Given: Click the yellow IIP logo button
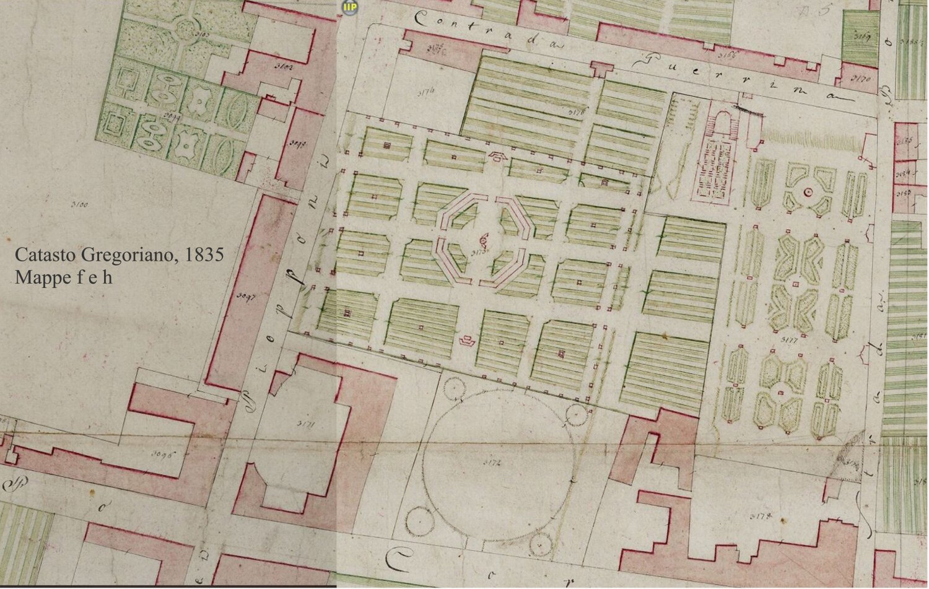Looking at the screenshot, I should (x=350, y=7).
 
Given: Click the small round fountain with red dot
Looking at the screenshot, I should (x=808, y=193).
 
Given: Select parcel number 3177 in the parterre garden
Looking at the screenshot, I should (x=789, y=340).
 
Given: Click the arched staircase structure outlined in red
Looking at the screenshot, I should (x=718, y=124).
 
